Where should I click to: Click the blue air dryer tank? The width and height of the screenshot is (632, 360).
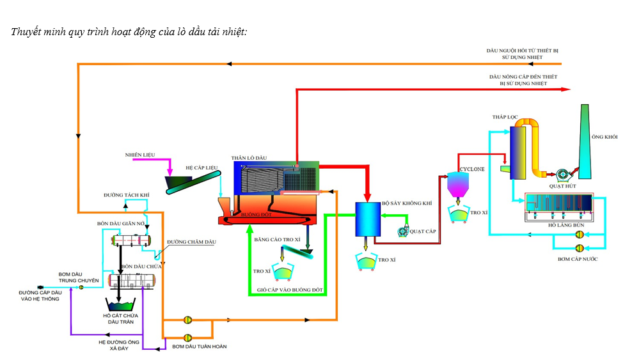tap(367, 219)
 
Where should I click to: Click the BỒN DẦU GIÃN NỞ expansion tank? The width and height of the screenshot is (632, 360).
tap(131, 240)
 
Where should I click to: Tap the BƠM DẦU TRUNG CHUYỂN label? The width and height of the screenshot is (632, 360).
tap(79, 277)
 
